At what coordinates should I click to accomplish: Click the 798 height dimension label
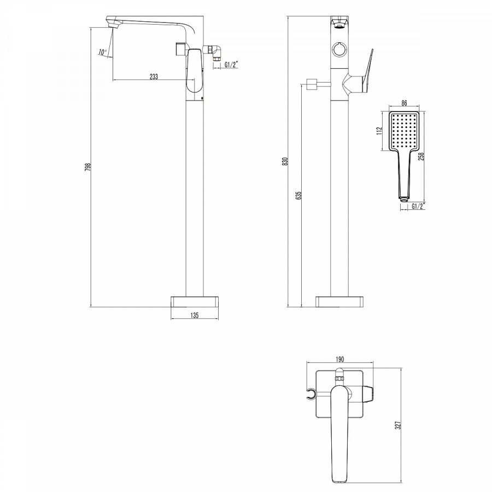[88, 167]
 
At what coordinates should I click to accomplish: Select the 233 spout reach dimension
[154, 76]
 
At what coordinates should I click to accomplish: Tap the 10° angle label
[103, 52]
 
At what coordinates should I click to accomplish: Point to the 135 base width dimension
[195, 315]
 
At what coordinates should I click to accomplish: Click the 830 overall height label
[285, 161]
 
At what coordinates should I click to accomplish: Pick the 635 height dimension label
[298, 195]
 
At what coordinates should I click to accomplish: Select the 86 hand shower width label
[404, 103]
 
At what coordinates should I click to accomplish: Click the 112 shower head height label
[380, 131]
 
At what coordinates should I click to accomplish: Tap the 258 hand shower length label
[421, 156]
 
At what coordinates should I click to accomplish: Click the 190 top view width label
[340, 359]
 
